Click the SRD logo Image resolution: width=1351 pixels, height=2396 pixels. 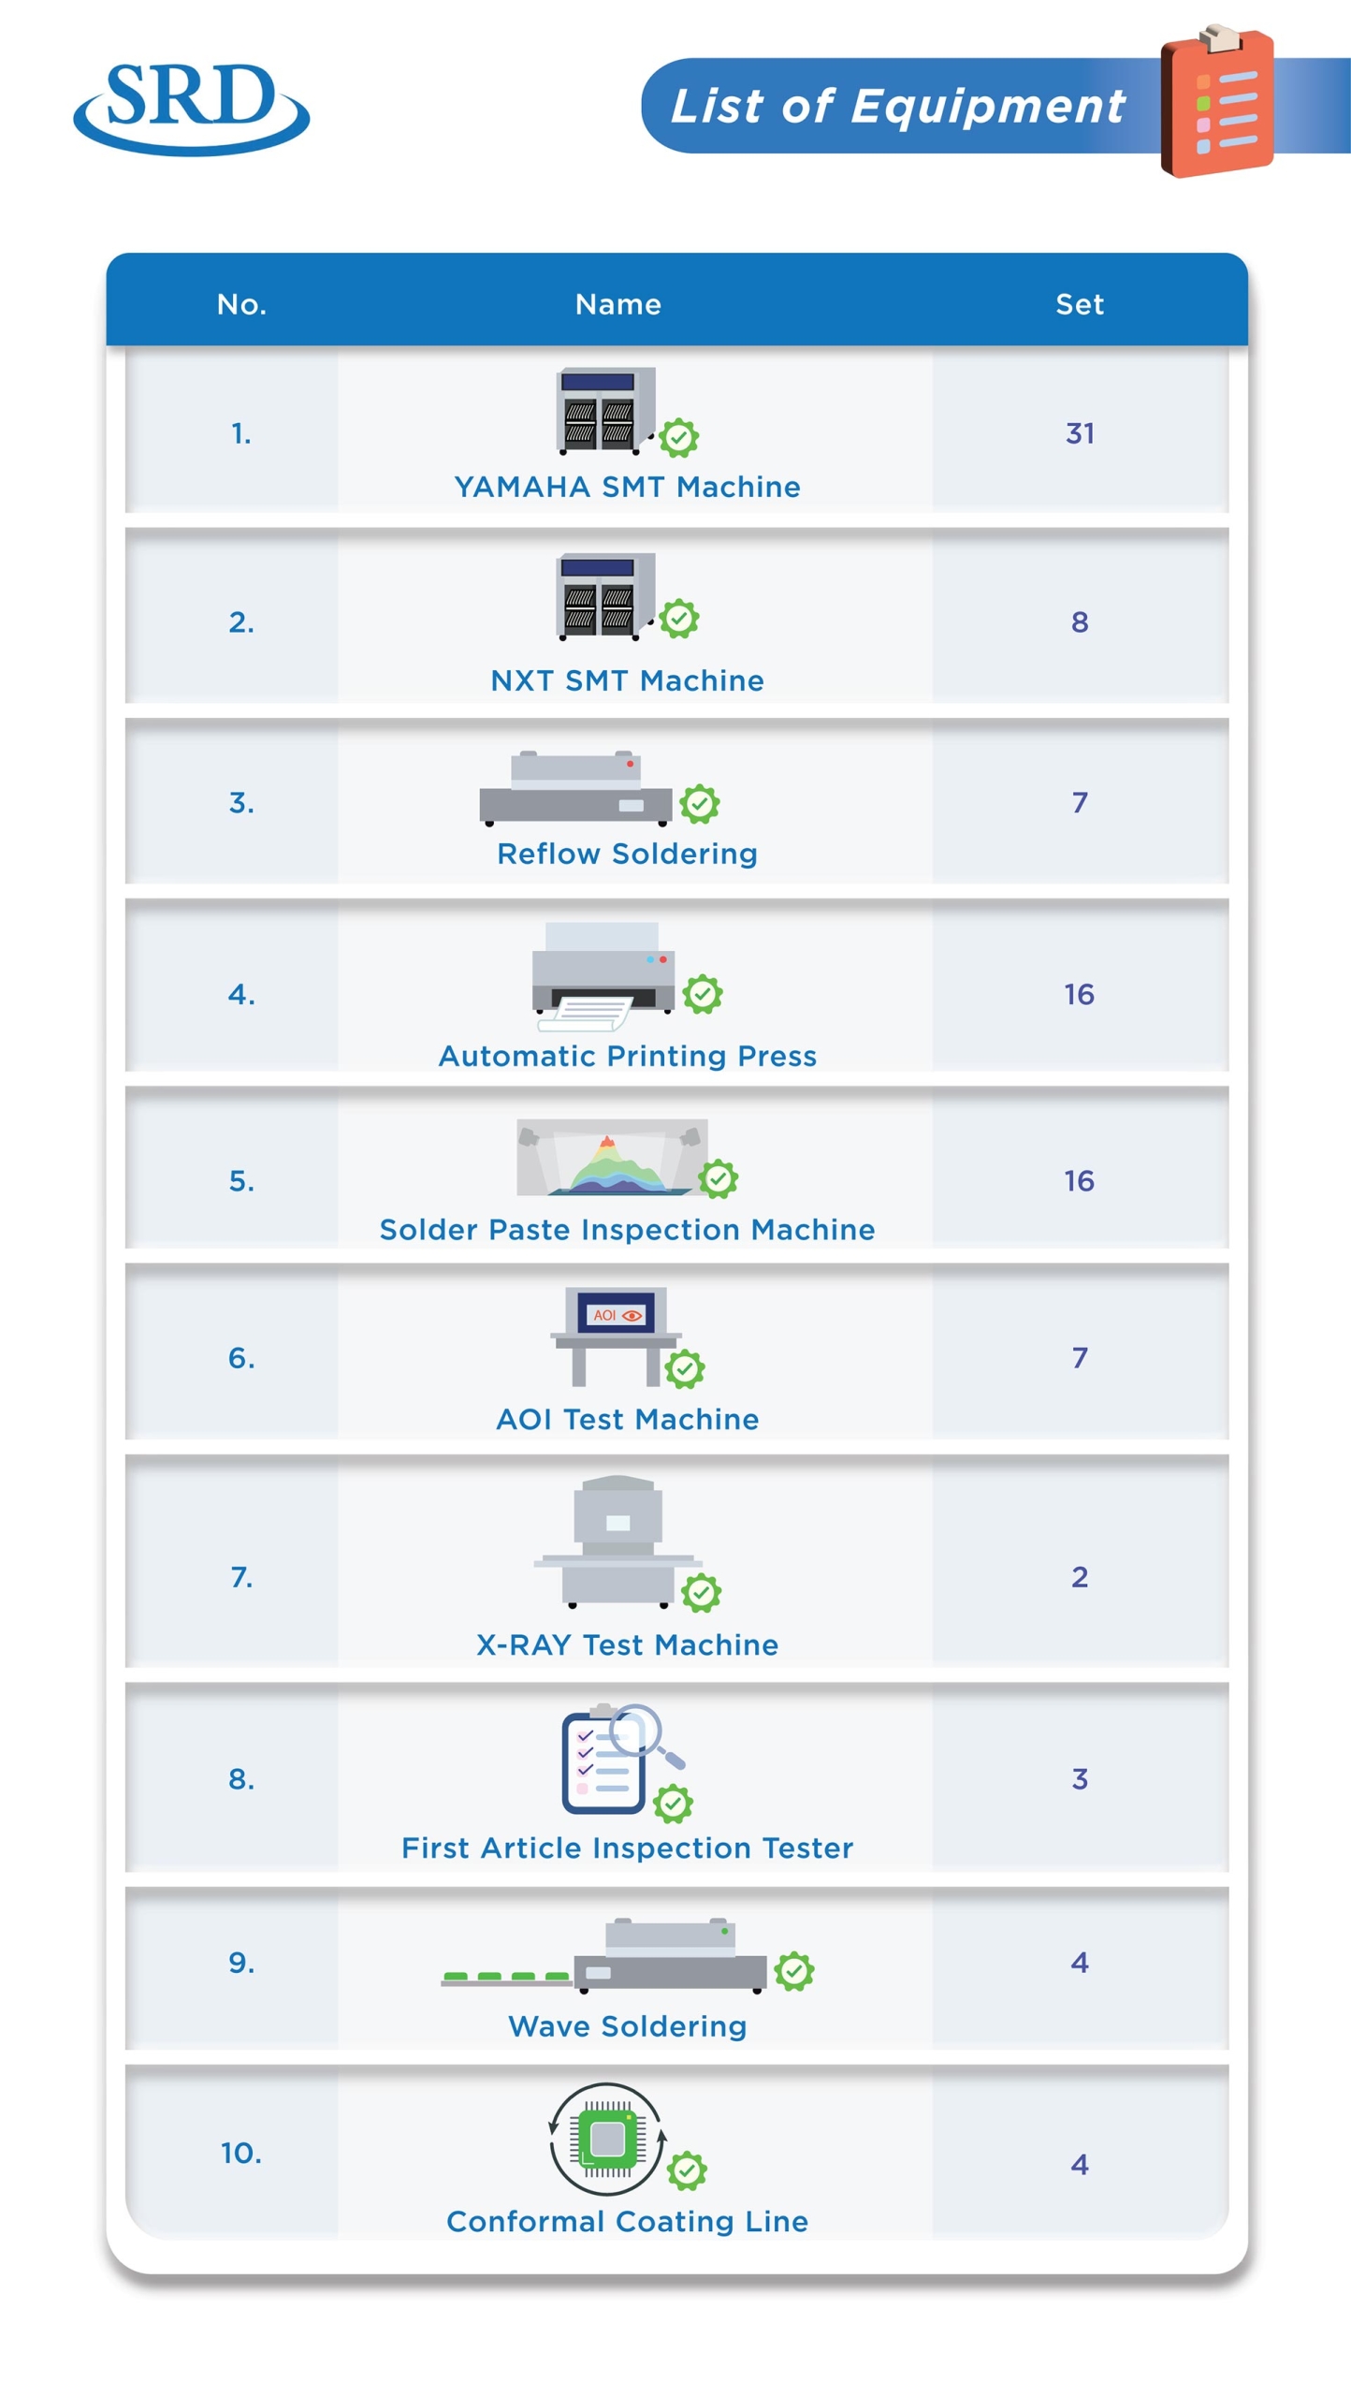[x=191, y=109]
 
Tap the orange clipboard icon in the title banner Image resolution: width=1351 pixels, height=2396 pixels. [x=1216, y=101]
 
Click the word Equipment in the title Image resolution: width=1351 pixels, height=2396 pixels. [x=988, y=107]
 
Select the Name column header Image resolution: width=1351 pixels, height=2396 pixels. [x=617, y=304]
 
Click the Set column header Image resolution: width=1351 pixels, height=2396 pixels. [x=1079, y=304]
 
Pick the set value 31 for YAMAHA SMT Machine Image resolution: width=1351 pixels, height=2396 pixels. [x=1079, y=433]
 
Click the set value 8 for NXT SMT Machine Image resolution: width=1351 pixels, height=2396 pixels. [x=1079, y=621]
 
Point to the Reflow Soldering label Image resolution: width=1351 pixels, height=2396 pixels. [x=627, y=854]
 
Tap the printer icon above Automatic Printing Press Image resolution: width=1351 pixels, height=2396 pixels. [x=603, y=976]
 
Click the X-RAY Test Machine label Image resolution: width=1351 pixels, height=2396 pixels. [x=627, y=1644]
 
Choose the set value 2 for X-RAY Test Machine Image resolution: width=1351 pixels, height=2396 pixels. [x=1079, y=1577]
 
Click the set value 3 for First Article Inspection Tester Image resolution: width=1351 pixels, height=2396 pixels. [x=1079, y=1778]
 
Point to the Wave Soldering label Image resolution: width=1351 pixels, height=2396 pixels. [x=627, y=2026]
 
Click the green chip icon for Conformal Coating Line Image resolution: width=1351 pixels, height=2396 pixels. [x=607, y=2140]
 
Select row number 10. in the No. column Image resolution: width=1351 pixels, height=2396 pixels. [x=241, y=2153]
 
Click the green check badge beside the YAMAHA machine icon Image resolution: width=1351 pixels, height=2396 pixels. [x=678, y=438]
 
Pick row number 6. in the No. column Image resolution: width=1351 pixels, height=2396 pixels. [x=241, y=1357]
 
